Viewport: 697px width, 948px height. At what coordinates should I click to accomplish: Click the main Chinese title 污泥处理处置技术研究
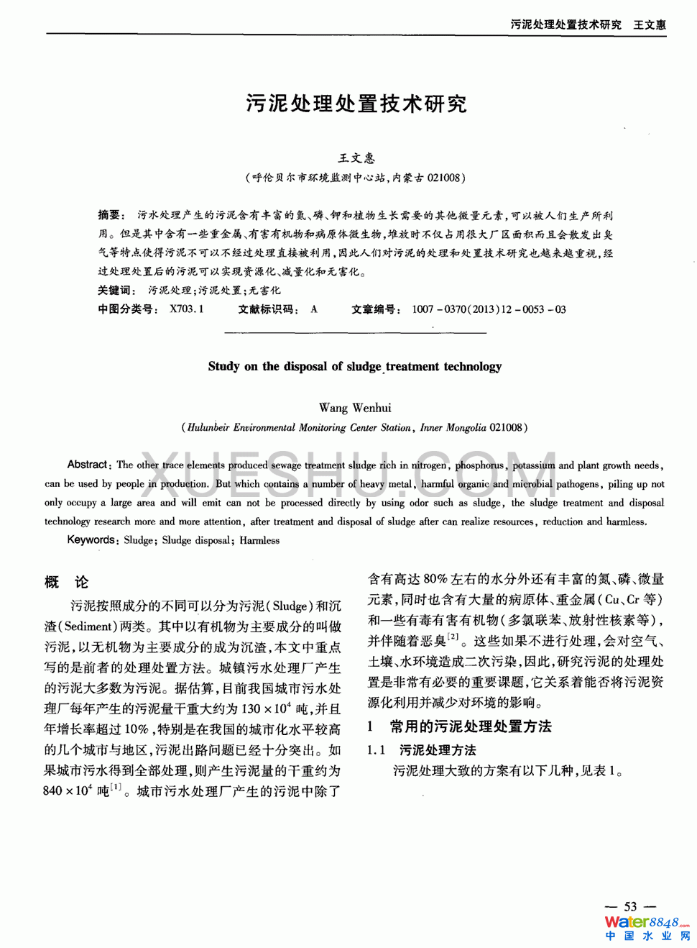[x=356, y=104]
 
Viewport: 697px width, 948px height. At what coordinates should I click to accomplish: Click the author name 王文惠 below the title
[x=356, y=158]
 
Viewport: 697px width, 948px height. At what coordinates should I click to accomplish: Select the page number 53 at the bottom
[x=630, y=906]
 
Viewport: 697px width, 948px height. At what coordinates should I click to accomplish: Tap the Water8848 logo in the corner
[x=646, y=927]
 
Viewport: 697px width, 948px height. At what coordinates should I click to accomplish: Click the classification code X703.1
[x=187, y=309]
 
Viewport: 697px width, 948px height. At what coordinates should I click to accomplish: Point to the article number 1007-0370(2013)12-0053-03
[x=489, y=309]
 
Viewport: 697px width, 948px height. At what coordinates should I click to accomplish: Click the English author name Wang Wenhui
[x=355, y=408]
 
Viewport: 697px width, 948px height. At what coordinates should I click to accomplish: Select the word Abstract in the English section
[x=87, y=465]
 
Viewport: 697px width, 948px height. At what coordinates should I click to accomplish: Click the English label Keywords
[x=91, y=540]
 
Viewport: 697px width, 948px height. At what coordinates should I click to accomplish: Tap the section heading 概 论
[x=66, y=582]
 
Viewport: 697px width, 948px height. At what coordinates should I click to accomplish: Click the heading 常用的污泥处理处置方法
[x=471, y=726]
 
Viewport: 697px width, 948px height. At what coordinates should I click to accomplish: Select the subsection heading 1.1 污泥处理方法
[x=422, y=750]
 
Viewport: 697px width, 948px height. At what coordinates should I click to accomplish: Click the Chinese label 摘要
[x=111, y=215]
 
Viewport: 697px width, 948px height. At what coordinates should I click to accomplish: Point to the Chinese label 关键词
[x=116, y=291]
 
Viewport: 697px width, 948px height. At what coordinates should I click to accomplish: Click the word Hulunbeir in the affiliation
[x=208, y=427]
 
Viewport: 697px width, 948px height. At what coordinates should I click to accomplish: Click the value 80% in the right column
[x=435, y=579]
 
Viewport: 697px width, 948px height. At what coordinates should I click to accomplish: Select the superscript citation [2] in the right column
[x=453, y=637]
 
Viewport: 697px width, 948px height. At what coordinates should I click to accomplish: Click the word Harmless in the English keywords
[x=259, y=540]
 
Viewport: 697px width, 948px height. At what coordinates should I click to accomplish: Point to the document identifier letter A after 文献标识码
[x=314, y=309]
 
